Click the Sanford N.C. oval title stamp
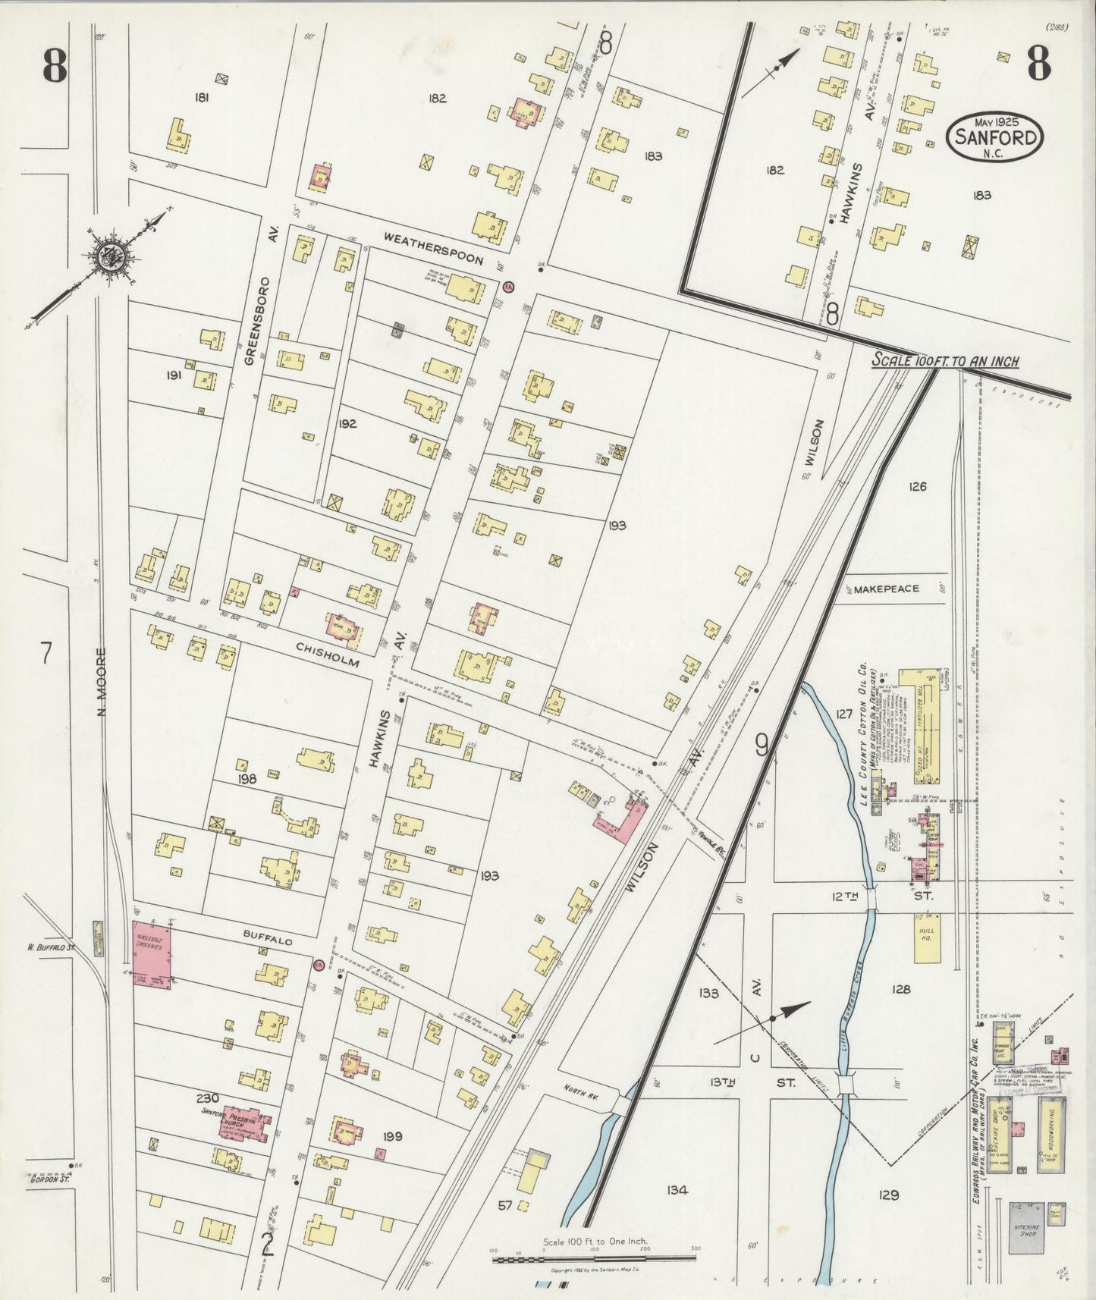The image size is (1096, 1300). point(994,137)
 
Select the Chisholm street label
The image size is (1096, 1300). point(327,653)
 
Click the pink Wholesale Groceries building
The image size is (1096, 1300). point(152,955)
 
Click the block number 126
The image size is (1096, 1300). point(917,486)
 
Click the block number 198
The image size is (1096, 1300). point(247,779)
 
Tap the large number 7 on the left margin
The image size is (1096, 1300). point(46,653)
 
